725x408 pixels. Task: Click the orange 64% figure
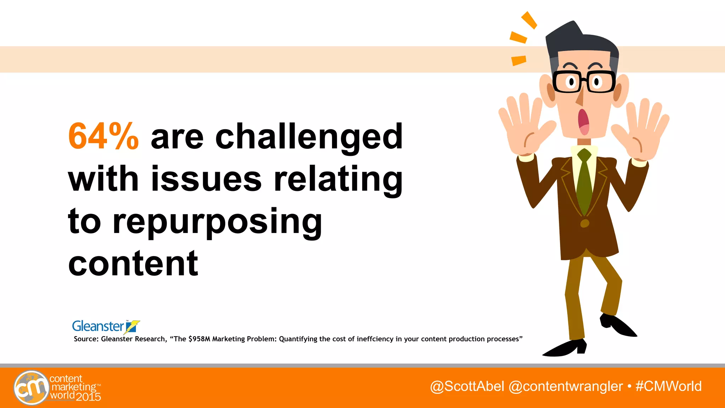[x=103, y=136]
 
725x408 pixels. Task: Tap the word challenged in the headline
[x=309, y=137]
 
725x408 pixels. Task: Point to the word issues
[x=206, y=179]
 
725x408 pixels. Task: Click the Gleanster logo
[x=105, y=326]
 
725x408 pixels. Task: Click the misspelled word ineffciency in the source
[x=375, y=339]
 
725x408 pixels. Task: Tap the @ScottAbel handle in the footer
[x=467, y=386]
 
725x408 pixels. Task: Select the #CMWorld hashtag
[x=668, y=386]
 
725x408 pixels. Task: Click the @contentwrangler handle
[x=565, y=386]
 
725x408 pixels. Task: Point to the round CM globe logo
[x=31, y=388]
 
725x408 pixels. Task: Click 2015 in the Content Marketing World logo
[x=89, y=397]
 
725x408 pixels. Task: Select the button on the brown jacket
[x=584, y=223]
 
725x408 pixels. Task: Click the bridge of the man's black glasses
[x=584, y=79]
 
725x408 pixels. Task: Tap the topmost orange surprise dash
[x=529, y=20]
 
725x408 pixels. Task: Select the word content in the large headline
[x=133, y=263]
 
